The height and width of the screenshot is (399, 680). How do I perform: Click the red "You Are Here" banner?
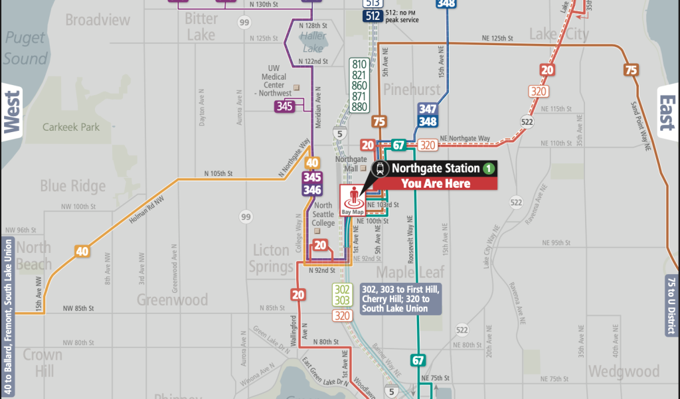point(434,184)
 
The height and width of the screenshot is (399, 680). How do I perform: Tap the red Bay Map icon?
point(354,200)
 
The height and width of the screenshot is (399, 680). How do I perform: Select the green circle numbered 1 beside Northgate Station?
point(489,168)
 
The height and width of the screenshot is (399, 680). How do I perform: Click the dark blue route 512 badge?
point(373,15)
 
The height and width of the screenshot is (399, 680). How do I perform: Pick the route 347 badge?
point(428,110)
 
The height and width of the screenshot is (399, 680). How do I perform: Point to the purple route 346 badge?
point(312,191)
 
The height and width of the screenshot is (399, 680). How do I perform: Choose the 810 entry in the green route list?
point(359,64)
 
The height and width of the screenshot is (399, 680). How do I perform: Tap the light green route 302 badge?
point(343,289)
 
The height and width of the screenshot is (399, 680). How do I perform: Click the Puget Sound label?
point(25,48)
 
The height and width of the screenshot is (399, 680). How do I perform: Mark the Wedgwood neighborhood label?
point(624,370)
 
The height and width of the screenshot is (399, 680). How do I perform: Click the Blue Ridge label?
point(72,185)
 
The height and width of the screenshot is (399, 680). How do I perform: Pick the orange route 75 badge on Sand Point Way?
point(631,70)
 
